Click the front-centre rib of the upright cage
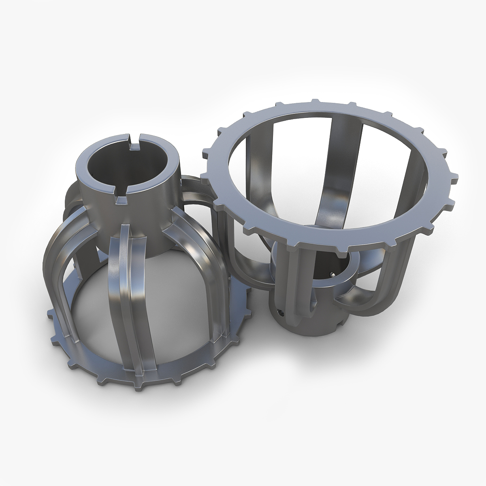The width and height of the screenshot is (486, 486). click(134, 283)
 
